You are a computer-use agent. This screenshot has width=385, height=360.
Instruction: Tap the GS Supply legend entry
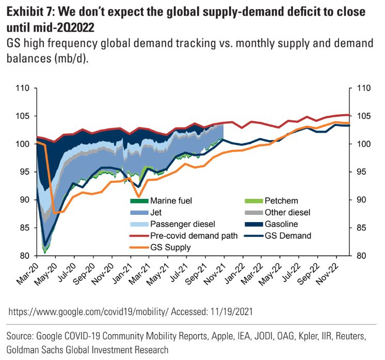(170, 247)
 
